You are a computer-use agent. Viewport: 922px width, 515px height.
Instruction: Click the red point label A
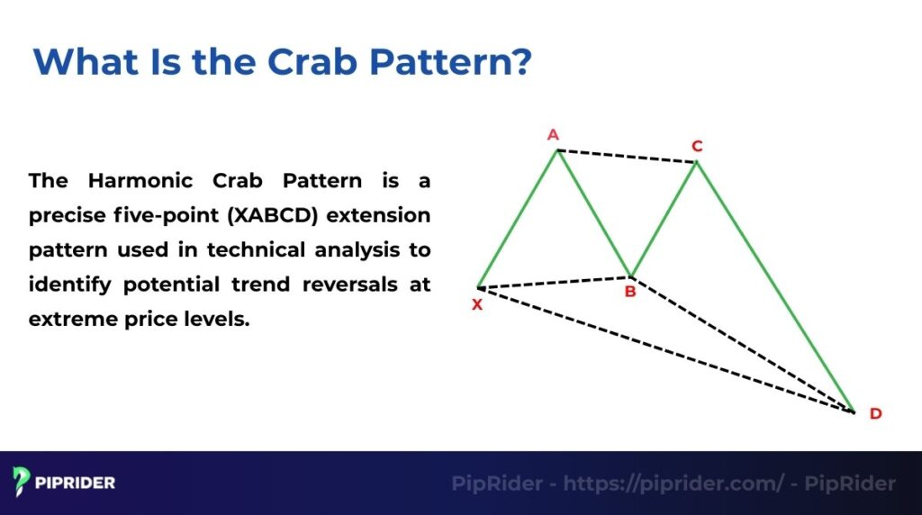pos(553,135)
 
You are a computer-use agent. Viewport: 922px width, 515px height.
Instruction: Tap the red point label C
pos(697,146)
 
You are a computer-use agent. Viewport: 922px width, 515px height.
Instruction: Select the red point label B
pos(630,292)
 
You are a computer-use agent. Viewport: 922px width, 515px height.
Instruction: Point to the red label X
pos(477,304)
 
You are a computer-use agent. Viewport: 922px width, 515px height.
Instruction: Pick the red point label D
pos(875,414)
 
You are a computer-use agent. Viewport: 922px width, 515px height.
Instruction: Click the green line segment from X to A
pos(518,219)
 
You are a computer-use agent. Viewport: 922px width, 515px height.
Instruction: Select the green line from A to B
pos(594,213)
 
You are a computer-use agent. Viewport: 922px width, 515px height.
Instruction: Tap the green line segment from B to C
pos(664,219)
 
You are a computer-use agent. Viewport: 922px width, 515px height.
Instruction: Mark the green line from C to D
pos(774,286)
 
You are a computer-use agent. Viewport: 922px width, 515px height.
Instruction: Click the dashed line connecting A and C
pos(627,156)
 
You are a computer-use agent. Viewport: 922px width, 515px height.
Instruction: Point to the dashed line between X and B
pos(554,283)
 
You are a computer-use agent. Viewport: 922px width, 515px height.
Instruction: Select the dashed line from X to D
pos(666,350)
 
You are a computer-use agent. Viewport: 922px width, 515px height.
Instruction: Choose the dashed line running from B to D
pos(743,345)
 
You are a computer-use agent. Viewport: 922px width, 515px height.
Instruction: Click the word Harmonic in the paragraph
pos(149,180)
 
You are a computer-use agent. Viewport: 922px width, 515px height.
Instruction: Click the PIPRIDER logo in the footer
pos(64,482)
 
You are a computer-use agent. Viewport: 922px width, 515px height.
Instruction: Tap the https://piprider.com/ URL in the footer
pos(673,483)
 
